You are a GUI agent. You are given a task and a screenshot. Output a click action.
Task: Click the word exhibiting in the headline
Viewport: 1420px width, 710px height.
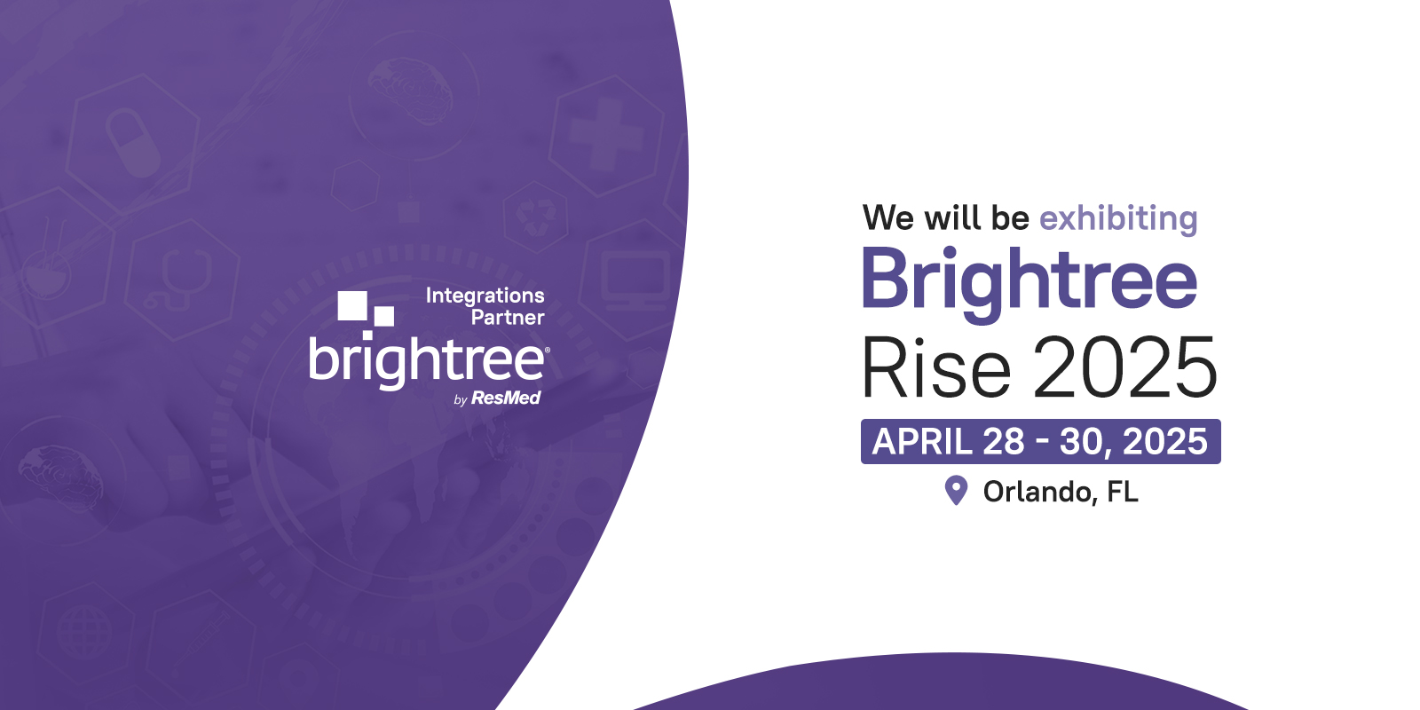pyautogui.click(x=1118, y=219)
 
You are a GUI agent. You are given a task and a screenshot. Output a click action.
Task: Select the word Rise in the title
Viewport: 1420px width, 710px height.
pyautogui.click(x=935, y=367)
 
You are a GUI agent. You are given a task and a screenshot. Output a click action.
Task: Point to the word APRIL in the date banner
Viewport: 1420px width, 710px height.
pyautogui.click(x=922, y=441)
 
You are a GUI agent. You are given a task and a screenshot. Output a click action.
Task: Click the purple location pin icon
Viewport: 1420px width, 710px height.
pyautogui.click(x=956, y=490)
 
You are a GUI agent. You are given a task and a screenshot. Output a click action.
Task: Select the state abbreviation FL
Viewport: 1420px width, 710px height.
pyautogui.click(x=1123, y=492)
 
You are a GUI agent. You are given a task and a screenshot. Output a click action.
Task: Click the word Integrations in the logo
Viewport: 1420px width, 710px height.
pyautogui.click(x=485, y=296)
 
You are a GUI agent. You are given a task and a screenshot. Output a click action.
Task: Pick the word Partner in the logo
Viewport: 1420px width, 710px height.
pyautogui.click(x=508, y=317)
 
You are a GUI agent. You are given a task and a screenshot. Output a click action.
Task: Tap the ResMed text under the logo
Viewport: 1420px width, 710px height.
pyautogui.click(x=506, y=398)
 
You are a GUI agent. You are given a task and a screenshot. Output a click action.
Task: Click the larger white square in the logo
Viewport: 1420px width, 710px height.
pyautogui.click(x=352, y=305)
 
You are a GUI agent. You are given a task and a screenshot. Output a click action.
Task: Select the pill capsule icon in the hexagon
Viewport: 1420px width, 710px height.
pyautogui.click(x=132, y=142)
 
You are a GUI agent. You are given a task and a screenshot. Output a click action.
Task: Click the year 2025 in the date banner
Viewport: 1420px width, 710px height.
pyautogui.click(x=1165, y=441)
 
